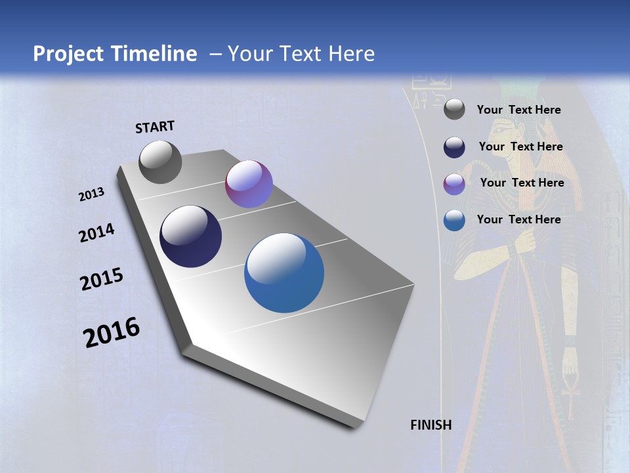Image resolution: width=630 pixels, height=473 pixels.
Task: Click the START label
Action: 155,127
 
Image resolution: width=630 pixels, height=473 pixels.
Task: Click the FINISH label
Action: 430,425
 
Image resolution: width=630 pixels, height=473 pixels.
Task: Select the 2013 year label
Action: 91,194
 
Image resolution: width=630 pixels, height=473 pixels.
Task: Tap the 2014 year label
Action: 96,233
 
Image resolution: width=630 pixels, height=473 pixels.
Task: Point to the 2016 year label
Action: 112,332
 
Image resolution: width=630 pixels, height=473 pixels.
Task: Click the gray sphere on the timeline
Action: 160,162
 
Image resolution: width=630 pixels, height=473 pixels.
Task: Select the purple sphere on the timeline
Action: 249,184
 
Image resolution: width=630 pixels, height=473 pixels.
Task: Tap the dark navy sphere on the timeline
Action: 190,236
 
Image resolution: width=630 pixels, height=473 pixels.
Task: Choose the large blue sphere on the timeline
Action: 284,273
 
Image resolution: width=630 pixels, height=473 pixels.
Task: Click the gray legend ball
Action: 454,110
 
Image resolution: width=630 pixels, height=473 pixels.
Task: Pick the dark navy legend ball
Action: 454,147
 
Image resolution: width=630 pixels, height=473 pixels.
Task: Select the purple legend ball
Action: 454,184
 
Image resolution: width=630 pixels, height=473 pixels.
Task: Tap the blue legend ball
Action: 454,220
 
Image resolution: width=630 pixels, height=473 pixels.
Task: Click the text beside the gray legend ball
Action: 518,110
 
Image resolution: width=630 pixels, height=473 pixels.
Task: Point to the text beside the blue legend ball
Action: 518,219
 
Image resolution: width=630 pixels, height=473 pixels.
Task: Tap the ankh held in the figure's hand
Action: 569,388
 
